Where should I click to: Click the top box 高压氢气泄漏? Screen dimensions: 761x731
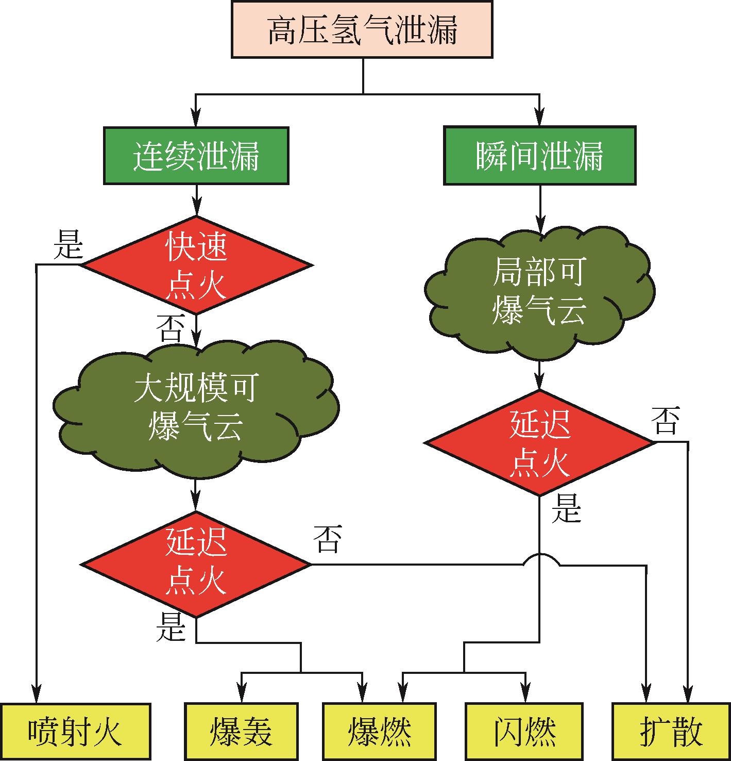pyautogui.click(x=362, y=29)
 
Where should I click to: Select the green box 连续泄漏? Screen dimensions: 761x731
pyautogui.click(x=196, y=156)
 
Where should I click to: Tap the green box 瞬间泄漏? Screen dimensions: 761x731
pyautogui.click(x=539, y=156)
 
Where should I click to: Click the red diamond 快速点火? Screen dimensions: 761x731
pyautogui.click(x=196, y=265)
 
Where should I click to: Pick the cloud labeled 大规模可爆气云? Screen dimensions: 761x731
pyautogui.click(x=196, y=407)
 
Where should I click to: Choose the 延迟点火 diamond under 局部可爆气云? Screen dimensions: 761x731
pyautogui.click(x=539, y=442)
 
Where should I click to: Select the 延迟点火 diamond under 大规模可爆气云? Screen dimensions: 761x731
pyautogui.click(x=196, y=564)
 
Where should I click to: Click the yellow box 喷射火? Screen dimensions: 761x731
pyautogui.click(x=75, y=732)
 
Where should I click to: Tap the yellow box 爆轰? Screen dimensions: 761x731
pyautogui.click(x=241, y=732)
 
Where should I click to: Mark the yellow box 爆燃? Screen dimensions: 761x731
pyautogui.click(x=379, y=732)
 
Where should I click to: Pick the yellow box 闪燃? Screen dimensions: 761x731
pyautogui.click(x=524, y=732)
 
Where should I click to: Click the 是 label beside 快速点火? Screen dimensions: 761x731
pyautogui.click(x=68, y=244)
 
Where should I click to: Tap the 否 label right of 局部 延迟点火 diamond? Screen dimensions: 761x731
pyautogui.click(x=666, y=421)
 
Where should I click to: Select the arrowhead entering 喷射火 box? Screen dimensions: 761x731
pyautogui.click(x=37, y=694)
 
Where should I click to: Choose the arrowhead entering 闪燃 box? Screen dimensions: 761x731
pyautogui.click(x=525, y=694)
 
